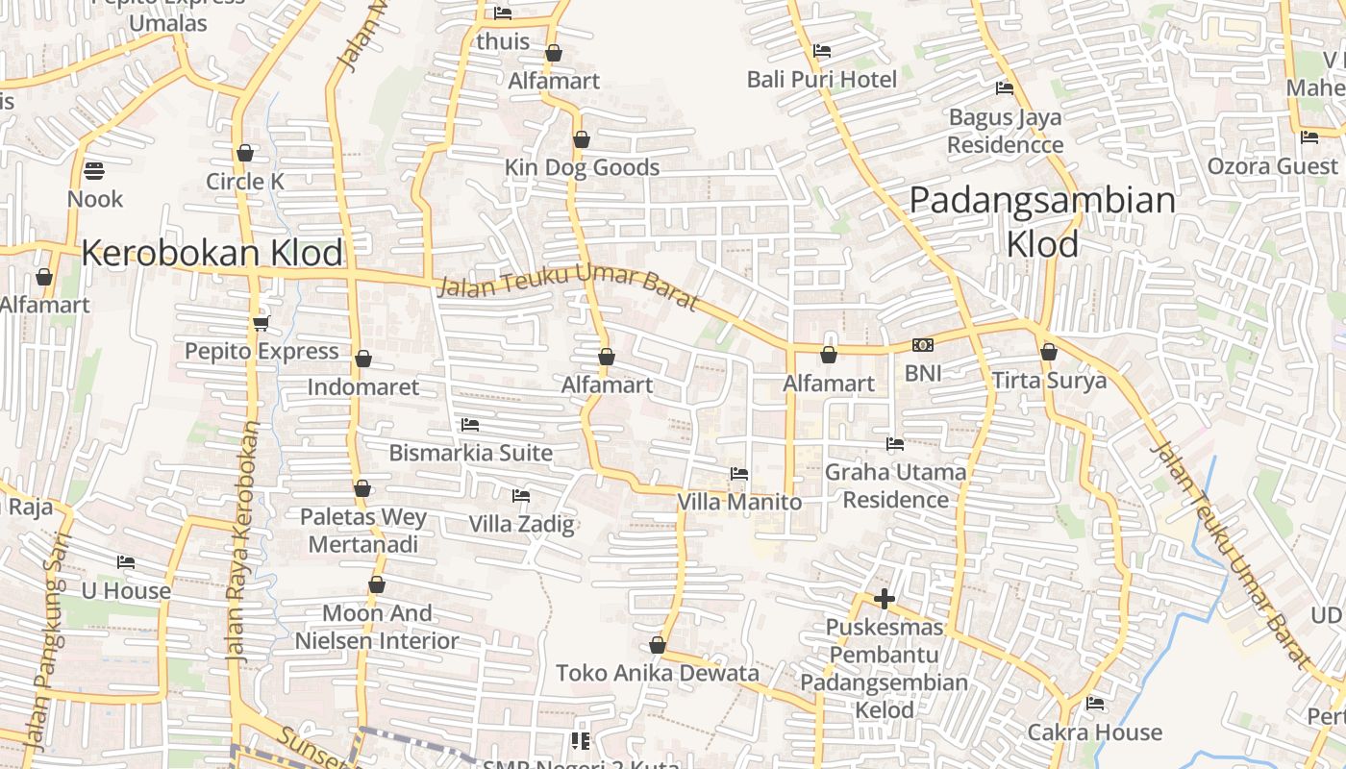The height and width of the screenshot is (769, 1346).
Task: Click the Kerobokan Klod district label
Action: pyautogui.click(x=212, y=253)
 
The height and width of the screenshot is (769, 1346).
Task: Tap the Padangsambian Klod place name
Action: pyautogui.click(x=1042, y=222)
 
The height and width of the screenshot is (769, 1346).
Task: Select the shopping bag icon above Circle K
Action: pyautogui.click(x=245, y=153)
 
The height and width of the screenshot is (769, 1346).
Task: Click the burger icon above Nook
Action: pyautogui.click(x=94, y=171)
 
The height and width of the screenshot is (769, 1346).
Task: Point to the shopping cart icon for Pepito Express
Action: pyautogui.click(x=262, y=323)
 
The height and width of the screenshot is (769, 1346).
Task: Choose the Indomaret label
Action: pyautogui.click(x=363, y=386)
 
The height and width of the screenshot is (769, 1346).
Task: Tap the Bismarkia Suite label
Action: pyautogui.click(x=470, y=452)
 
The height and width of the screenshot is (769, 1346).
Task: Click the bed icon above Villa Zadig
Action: pyautogui.click(x=521, y=496)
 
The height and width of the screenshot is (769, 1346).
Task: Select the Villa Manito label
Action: pyautogui.click(x=739, y=502)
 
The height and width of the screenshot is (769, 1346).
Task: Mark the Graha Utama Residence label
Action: pyautogui.click(x=895, y=485)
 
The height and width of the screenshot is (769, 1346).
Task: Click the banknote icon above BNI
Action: pyautogui.click(x=923, y=345)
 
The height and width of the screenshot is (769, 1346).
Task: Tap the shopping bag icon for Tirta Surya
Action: pyautogui.click(x=1049, y=352)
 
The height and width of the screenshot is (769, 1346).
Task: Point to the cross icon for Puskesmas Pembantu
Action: pyautogui.click(x=885, y=600)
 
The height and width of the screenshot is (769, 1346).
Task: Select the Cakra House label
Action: pyautogui.click(x=1095, y=732)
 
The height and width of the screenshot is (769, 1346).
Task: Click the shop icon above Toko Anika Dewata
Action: pyautogui.click(x=658, y=645)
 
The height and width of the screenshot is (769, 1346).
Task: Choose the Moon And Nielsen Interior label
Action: pyautogui.click(x=377, y=627)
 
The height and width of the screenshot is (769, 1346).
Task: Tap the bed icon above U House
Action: pyautogui.click(x=126, y=562)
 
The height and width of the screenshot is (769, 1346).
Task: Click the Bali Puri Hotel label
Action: pyautogui.click(x=822, y=79)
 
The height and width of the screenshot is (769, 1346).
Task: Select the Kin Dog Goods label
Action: pyautogui.click(x=582, y=167)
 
